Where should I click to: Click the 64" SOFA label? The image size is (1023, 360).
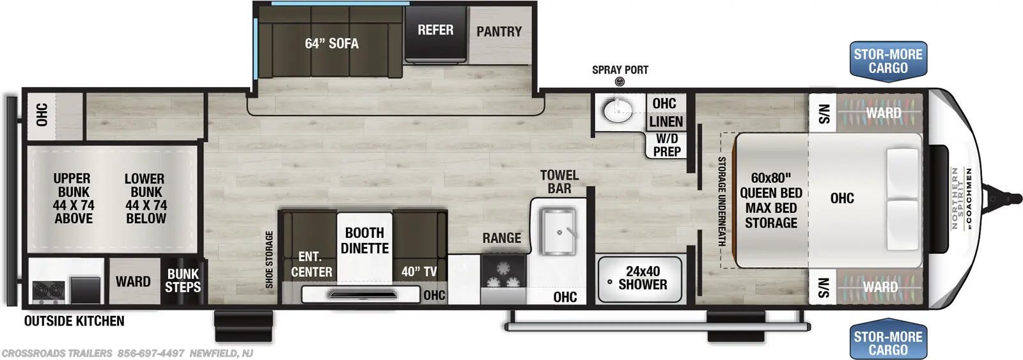click(331, 43)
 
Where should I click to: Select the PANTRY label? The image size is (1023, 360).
click(499, 31)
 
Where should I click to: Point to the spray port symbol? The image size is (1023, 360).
click(619, 82)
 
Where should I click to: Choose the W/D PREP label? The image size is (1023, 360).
click(666, 145)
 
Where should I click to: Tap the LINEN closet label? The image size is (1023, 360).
click(666, 121)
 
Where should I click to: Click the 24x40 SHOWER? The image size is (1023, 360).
click(641, 279)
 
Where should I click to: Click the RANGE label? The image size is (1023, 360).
click(501, 238)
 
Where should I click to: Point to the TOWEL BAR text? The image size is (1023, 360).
click(559, 182)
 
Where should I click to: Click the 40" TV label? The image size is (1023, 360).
click(419, 272)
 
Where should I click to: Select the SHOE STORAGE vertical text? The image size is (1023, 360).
click(269, 259)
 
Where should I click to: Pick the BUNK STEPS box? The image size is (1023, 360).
click(183, 281)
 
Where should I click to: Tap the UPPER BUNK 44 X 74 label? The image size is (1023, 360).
click(73, 198)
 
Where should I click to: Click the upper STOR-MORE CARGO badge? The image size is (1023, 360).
click(887, 61)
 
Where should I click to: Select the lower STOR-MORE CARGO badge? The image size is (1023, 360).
click(887, 343)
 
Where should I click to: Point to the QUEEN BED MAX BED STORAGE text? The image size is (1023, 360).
click(770, 200)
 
